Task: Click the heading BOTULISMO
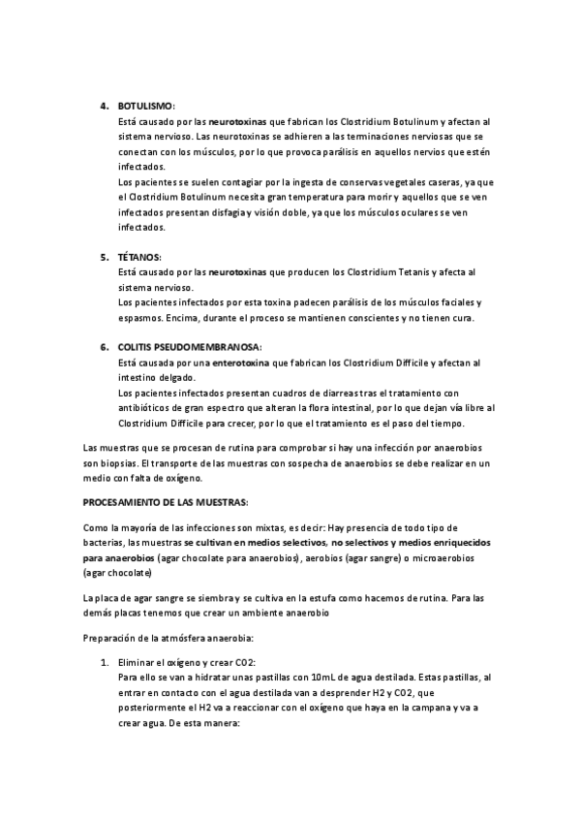146,106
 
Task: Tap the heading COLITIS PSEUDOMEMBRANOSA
182,346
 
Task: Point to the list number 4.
105,106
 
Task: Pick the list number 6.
105,346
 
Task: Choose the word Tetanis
407,273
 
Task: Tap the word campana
421,709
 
